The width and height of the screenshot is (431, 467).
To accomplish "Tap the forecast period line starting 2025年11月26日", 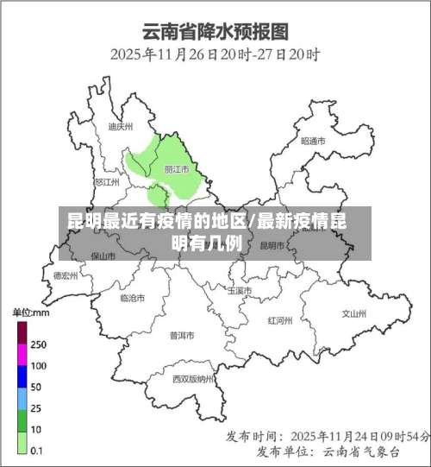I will tap(215, 54).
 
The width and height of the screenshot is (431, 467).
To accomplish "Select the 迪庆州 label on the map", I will tap(121, 127).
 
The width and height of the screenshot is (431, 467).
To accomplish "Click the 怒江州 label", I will tap(106, 182).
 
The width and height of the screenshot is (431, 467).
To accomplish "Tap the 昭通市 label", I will tap(313, 141).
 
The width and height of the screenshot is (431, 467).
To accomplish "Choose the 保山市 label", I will tap(103, 256).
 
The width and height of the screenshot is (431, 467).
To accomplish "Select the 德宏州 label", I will tap(66, 276).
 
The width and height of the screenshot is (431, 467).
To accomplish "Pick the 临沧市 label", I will tap(132, 298).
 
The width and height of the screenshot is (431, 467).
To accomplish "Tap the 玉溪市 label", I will tap(240, 291).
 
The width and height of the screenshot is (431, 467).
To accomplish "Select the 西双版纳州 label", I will tap(192, 379).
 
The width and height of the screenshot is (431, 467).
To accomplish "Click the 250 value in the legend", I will tap(38, 344).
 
